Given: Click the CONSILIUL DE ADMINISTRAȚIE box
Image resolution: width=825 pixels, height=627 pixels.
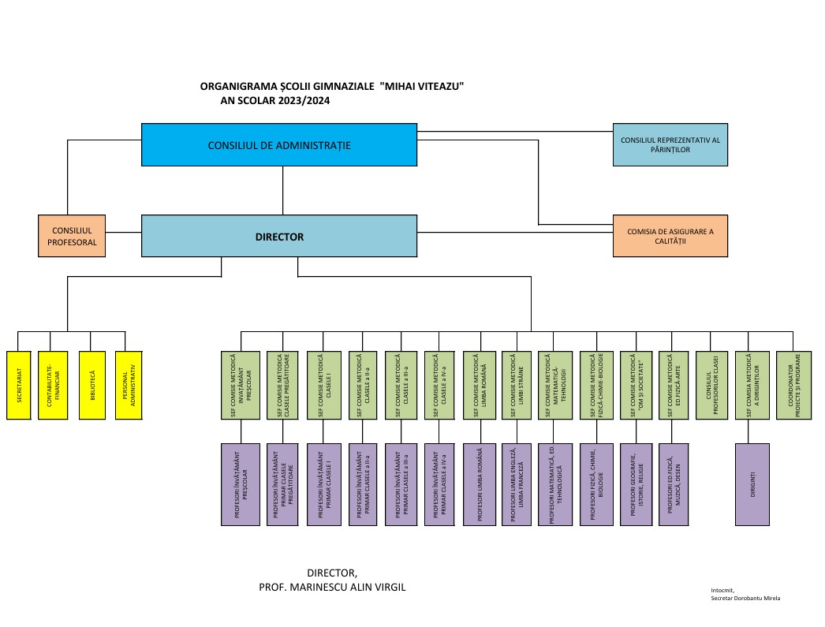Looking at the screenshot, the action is pos(279,145).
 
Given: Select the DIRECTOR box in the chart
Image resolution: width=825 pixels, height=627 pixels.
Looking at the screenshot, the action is pos(279,236).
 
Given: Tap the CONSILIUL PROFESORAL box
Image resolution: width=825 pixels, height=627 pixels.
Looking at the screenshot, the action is pos(72,236).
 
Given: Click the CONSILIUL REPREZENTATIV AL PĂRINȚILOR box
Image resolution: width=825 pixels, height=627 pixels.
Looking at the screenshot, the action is pos(670,145).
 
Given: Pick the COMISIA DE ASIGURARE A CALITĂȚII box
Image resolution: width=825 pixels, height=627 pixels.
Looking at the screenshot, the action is pos(670,236).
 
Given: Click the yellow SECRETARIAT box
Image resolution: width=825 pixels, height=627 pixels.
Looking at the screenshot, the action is pos(19,386).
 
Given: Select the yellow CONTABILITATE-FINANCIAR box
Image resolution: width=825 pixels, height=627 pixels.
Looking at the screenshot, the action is pos(53,386).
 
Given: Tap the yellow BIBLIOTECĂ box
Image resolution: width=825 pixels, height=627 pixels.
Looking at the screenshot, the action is pos(92,386).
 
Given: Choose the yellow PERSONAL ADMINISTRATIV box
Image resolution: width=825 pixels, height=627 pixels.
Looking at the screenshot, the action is pos(129,386).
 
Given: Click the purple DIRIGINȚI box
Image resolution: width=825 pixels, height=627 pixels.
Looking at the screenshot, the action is pos(752,484).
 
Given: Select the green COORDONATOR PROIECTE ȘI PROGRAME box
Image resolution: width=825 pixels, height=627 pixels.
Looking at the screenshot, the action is pos(794,386).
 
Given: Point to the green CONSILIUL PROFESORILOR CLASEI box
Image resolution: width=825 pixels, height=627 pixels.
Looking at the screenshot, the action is pos(711,386).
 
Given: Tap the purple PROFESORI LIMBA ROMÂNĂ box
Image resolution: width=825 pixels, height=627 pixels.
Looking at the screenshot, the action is pos(480,484).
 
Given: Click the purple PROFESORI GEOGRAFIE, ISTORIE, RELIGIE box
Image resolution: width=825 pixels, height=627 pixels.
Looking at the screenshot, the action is pos(636,484).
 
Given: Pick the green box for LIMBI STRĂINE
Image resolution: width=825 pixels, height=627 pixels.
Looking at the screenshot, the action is pos(517,386).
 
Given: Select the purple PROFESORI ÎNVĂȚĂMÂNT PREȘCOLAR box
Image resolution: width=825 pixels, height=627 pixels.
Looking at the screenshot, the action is pos(241,484).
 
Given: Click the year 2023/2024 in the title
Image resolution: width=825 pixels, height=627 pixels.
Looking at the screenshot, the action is pos(304,100).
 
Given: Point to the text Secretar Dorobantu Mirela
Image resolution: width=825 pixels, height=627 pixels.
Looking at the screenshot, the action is pos(745,598).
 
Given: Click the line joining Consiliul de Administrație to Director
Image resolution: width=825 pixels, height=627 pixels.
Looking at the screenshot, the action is pos(282,190).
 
